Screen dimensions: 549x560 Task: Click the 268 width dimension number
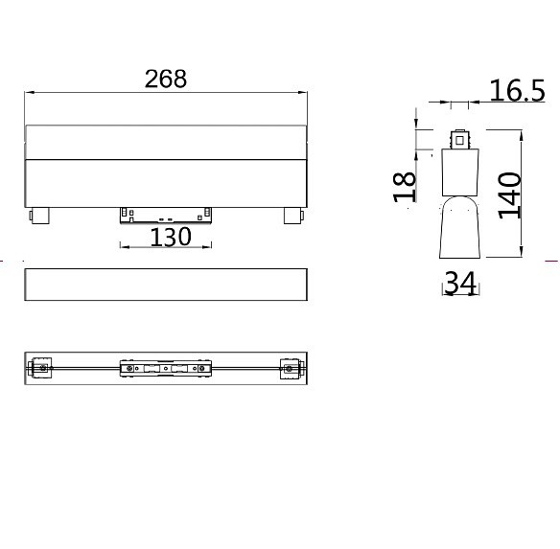tap(166, 79)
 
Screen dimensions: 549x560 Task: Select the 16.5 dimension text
tap(517, 91)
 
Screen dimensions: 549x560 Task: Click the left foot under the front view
tap(40, 215)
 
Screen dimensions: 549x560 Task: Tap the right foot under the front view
tap(292, 215)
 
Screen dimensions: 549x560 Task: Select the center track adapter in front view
tap(165, 214)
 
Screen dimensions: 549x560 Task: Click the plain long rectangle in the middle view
tap(166, 286)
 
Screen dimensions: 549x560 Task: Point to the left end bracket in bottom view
tap(41, 367)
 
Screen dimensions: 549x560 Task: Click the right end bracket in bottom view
tap(291, 367)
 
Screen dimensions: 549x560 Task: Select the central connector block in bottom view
tap(165, 367)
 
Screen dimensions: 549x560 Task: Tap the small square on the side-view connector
tap(461, 139)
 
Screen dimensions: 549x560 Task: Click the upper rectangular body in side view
tap(461, 172)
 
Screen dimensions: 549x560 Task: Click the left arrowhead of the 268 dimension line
tap(28, 93)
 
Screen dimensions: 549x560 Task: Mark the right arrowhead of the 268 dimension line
tap(305, 93)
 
